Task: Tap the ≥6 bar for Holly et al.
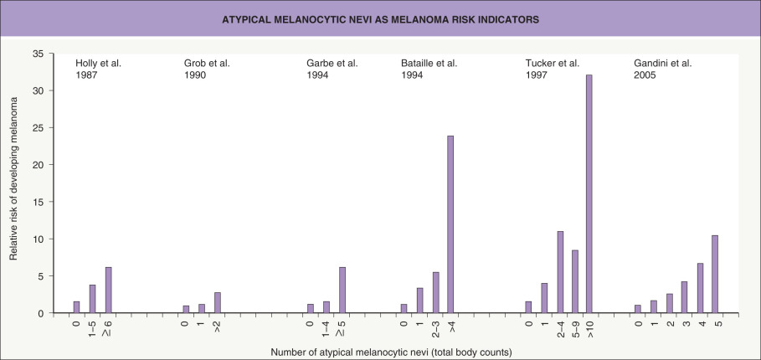108,290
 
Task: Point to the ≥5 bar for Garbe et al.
341,290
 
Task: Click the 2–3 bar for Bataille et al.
435,293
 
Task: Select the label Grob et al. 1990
207,69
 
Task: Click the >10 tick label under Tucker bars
589,327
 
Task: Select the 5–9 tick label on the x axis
574,328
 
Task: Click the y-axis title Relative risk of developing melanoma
14,183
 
